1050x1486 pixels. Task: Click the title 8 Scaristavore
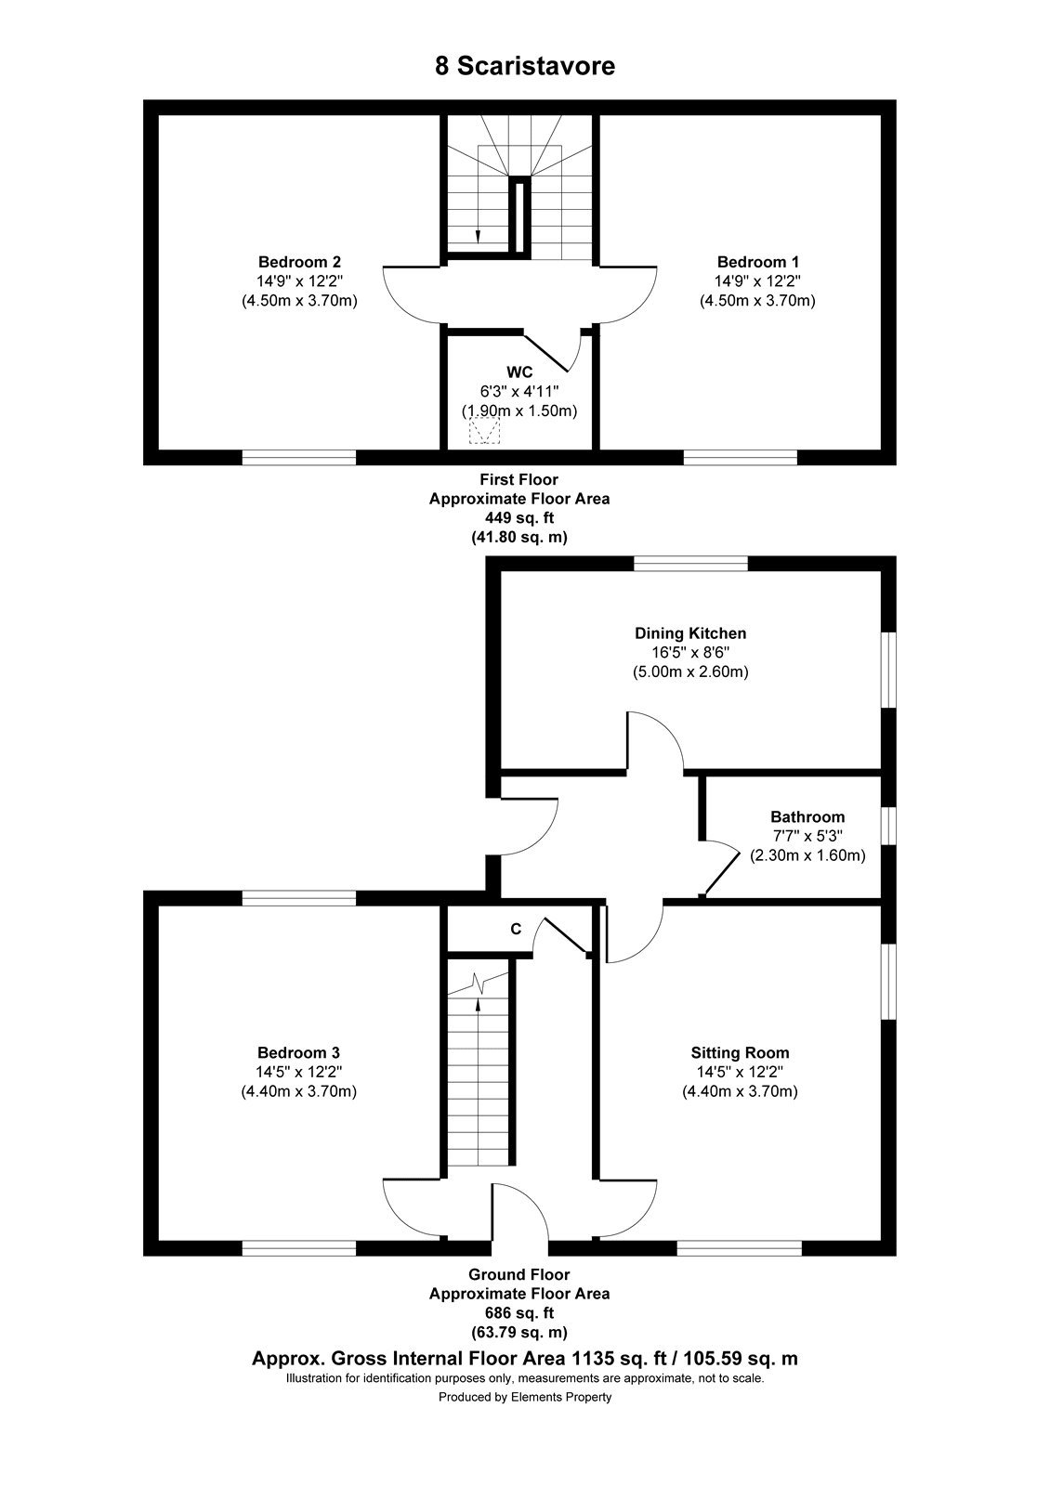524,66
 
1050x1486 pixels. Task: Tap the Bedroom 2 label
299,261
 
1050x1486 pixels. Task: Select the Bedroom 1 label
758,261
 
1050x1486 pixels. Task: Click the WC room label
519,372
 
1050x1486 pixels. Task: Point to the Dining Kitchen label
690,632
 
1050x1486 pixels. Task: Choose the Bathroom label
807,816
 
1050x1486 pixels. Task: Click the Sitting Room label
740,1052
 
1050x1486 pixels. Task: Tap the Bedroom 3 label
298,1052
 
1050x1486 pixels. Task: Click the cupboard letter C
516,930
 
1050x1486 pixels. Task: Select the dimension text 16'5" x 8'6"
690,652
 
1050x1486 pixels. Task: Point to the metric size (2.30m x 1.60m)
807,855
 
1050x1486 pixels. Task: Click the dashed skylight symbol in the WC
484,431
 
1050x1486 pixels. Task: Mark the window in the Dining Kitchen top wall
690,564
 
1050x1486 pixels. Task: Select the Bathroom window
888,826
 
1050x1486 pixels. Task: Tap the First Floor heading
519,479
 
